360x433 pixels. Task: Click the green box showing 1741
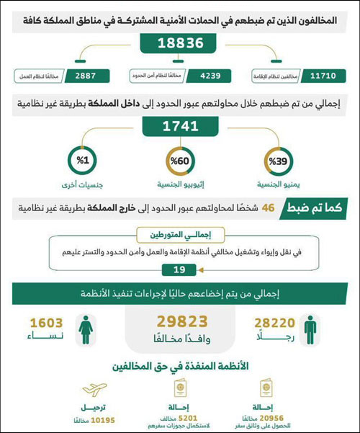[x=180, y=126]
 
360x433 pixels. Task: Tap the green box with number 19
[x=180, y=269]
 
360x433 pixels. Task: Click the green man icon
[x=310, y=329]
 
